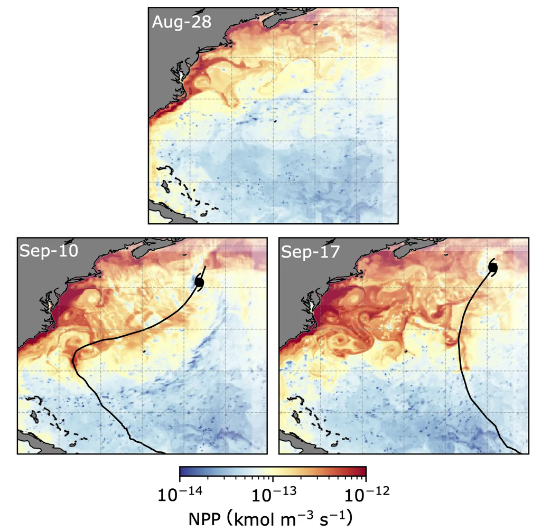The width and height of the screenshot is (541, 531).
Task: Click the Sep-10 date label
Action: [49, 251]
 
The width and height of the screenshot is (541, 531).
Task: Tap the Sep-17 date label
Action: [309, 251]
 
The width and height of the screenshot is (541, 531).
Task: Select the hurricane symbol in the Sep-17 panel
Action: [492, 268]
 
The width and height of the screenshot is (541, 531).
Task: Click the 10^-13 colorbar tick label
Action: [273, 495]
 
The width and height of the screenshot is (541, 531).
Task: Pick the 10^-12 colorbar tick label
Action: [366, 495]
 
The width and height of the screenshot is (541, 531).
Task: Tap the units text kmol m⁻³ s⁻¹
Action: [291, 519]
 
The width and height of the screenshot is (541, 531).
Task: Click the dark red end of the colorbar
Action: [361, 471]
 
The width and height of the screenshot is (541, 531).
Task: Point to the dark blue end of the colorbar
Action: [184, 471]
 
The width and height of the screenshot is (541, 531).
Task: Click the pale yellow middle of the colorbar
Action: [273, 471]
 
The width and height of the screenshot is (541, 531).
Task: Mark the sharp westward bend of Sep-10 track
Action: [73, 359]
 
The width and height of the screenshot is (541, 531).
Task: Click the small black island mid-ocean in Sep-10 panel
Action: [144, 349]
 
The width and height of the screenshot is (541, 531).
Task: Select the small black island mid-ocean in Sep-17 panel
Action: [405, 350]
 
